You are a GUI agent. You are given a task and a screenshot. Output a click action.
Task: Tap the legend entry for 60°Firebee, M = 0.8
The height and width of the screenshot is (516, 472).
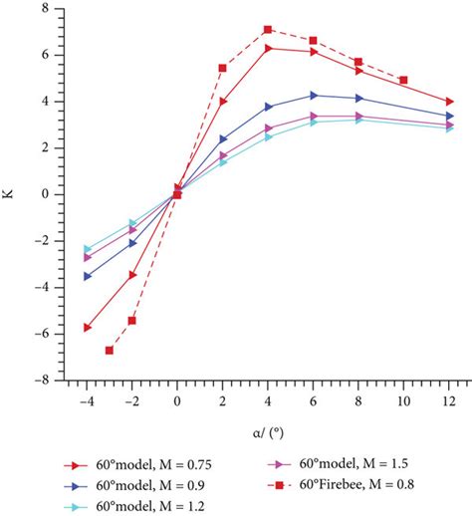(x=344, y=485)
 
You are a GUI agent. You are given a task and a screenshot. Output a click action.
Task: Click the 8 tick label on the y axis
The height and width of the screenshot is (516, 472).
(x=45, y=9)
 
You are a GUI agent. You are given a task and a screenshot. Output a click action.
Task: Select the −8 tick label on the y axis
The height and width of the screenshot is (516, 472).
(x=41, y=380)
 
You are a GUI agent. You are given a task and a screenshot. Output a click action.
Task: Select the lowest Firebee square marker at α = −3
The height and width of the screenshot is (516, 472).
(x=110, y=350)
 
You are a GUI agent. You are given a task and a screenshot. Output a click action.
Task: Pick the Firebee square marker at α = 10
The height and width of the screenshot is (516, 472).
(x=403, y=80)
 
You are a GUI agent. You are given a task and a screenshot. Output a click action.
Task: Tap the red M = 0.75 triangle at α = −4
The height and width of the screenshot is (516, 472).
(x=88, y=327)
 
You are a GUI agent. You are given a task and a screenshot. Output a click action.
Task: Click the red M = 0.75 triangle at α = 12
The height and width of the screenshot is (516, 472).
(x=450, y=102)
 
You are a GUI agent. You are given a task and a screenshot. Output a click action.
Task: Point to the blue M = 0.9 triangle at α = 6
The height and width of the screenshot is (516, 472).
(x=314, y=96)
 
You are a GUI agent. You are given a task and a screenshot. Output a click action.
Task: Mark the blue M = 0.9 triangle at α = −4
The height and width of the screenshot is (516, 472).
(x=88, y=276)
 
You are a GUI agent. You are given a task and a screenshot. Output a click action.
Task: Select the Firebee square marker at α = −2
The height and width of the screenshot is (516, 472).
(x=132, y=320)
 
